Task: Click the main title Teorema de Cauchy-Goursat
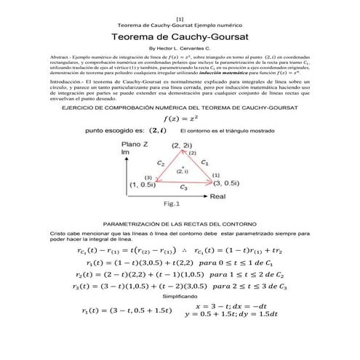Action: click(x=179, y=36)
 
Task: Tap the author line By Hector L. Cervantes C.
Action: click(x=179, y=48)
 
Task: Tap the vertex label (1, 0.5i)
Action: click(x=145, y=185)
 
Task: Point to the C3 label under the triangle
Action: click(x=186, y=188)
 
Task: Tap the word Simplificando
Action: click(x=179, y=297)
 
